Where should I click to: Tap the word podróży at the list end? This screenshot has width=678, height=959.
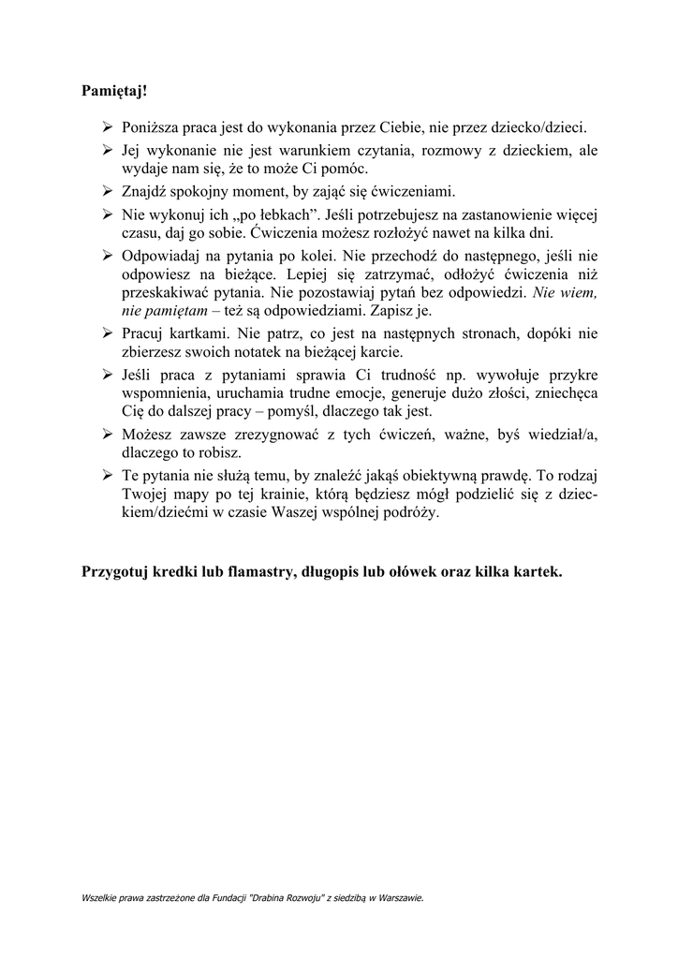(x=411, y=513)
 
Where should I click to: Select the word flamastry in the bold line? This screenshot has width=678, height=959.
(x=252, y=571)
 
